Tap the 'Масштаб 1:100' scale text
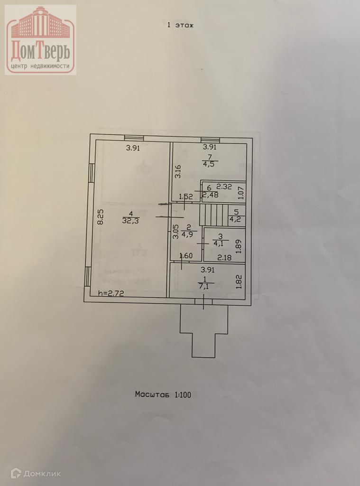pyautogui.click(x=163, y=394)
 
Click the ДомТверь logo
pyautogui.click(x=41, y=40)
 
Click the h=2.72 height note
pyautogui.click(x=111, y=293)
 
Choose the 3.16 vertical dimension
pyautogui.click(x=178, y=171)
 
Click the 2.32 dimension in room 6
pyautogui.click(x=224, y=187)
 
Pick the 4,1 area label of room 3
pyautogui.click(x=219, y=244)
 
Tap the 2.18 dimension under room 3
pyautogui.click(x=225, y=258)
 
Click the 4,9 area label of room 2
pyautogui.click(x=188, y=234)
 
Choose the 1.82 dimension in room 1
pyautogui.click(x=240, y=282)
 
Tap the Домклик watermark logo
pyautogui.click(x=36, y=473)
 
